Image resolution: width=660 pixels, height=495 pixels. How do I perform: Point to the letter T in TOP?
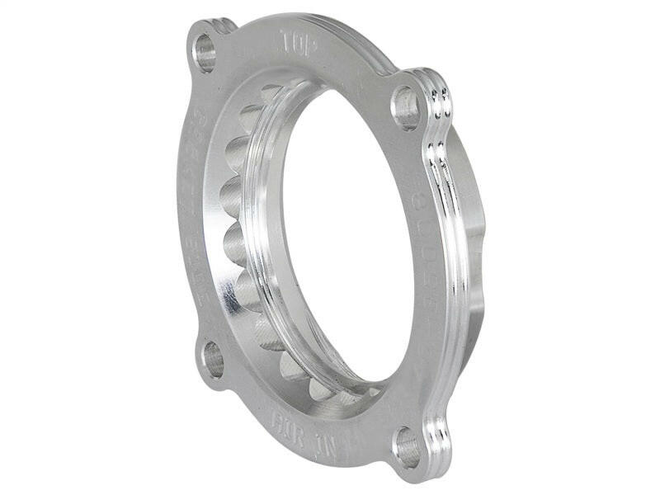click(x=285, y=38)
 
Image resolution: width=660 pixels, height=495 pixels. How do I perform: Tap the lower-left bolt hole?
click(x=213, y=360)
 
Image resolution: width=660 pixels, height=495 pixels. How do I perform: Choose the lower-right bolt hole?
click(x=407, y=448)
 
